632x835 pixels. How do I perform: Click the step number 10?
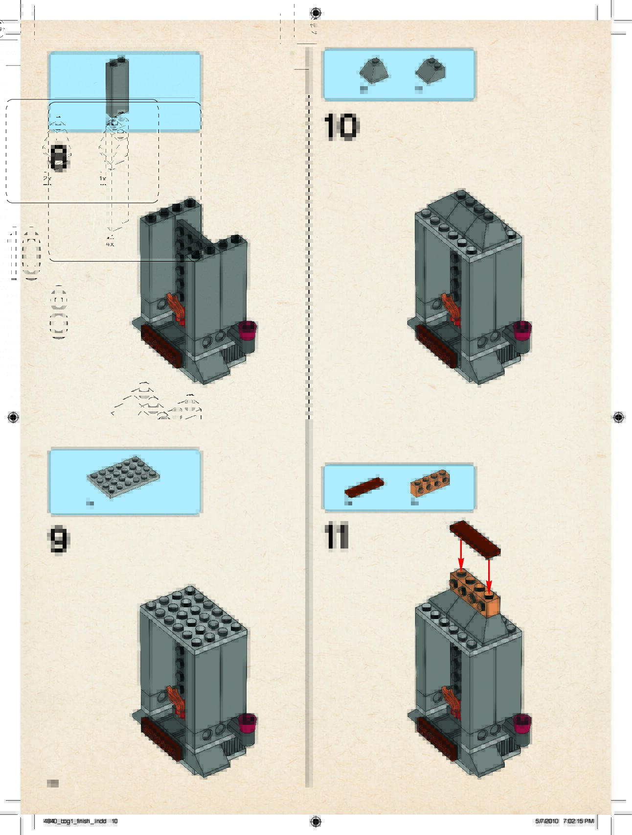[341, 127]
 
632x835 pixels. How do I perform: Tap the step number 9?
[59, 540]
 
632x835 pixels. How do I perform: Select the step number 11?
[336, 537]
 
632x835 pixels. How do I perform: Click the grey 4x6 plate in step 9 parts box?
[124, 478]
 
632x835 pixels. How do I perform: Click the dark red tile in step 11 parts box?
[364, 487]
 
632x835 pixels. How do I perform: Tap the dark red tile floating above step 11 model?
[475, 539]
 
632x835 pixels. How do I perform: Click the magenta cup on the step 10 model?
[522, 330]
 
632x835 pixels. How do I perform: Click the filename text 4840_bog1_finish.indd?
[74, 821]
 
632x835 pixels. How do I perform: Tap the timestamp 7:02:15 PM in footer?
[578, 821]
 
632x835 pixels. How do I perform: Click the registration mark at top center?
[316, 13]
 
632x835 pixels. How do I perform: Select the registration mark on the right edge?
[618, 417]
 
